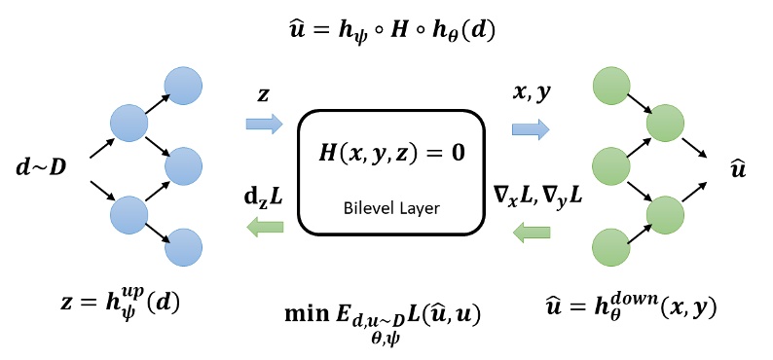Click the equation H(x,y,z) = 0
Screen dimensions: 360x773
386,153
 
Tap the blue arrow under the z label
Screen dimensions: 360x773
263,124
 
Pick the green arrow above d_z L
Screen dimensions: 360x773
263,228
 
